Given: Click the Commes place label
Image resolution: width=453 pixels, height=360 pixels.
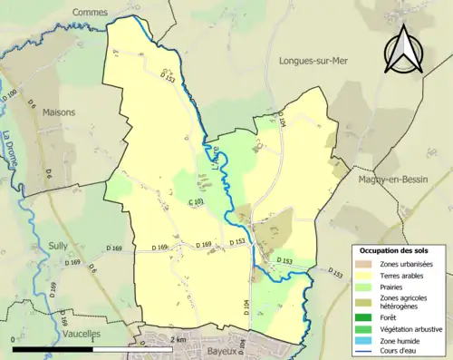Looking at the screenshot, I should point(90,13).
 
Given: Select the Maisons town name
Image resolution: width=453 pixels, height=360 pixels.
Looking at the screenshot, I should point(59,112).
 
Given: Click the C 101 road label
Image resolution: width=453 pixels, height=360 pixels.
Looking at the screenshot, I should point(195,201).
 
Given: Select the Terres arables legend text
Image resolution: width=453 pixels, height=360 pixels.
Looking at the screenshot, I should point(399,276).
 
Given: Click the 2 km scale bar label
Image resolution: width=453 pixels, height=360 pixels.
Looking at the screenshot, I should point(178,339).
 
